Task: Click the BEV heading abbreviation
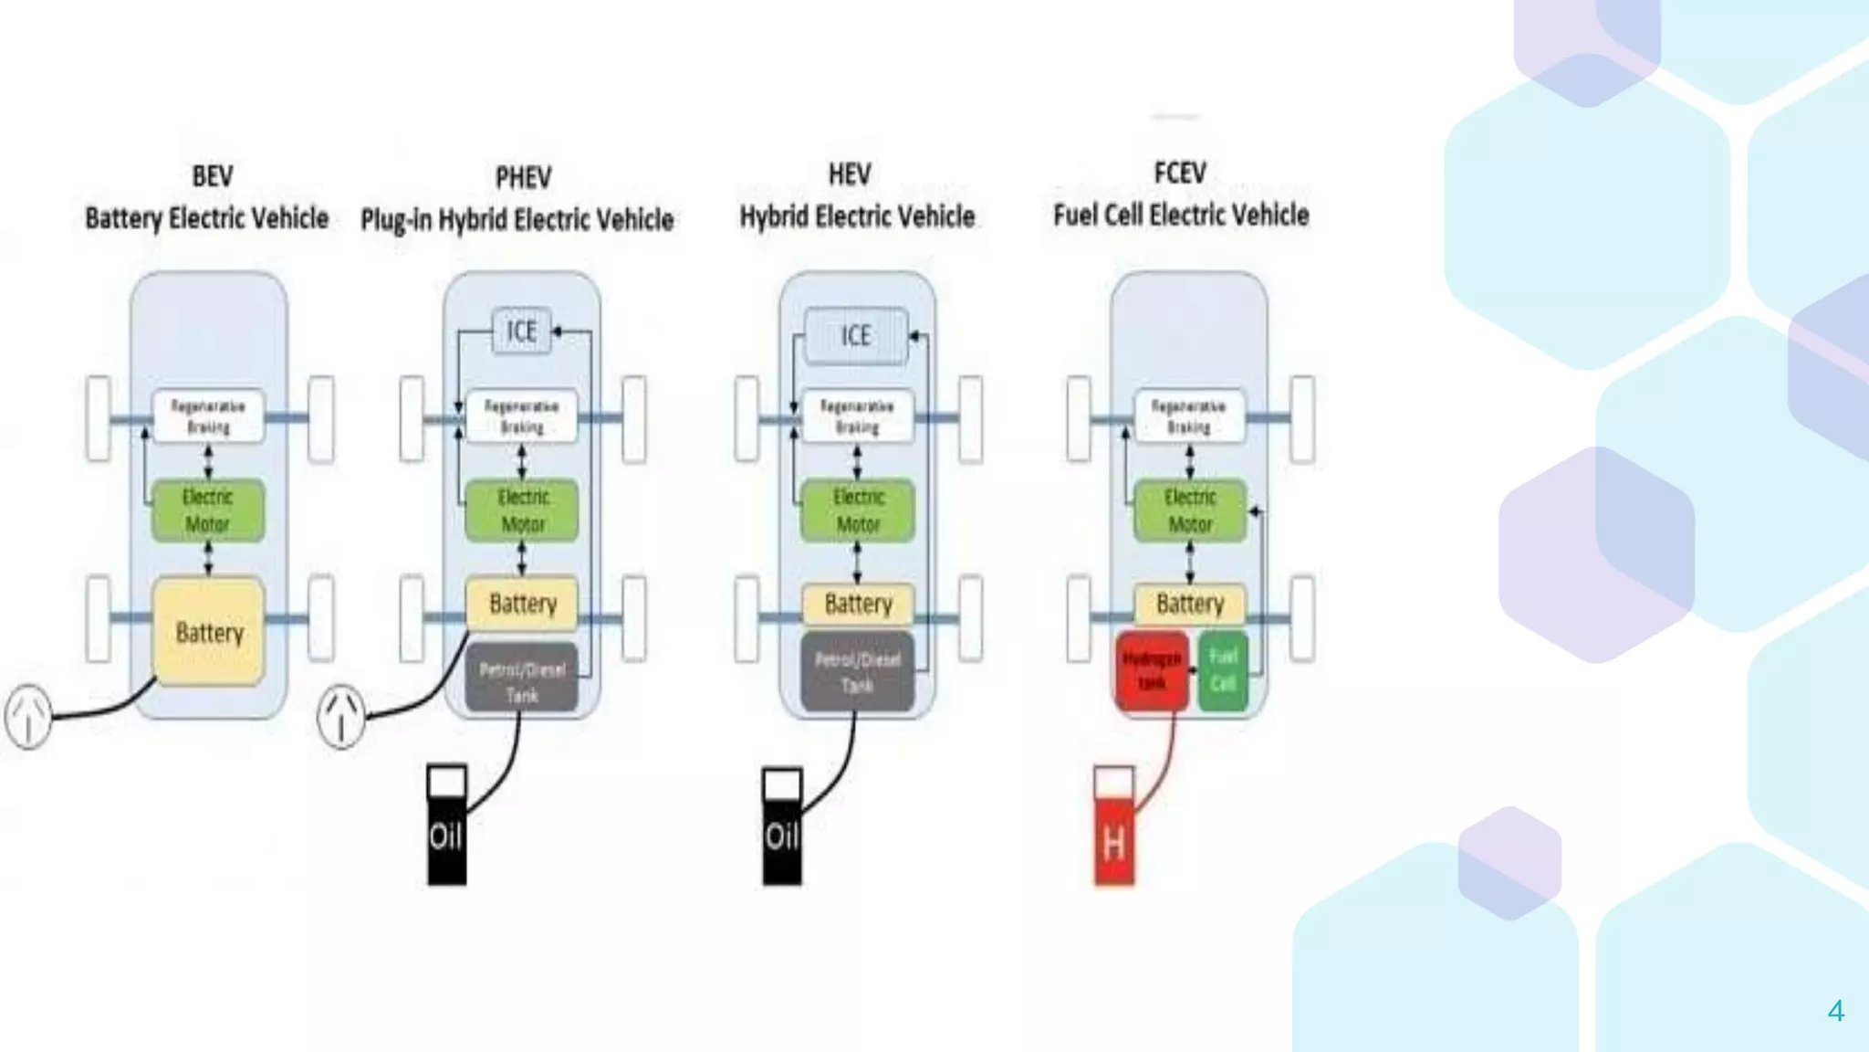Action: pos(212,175)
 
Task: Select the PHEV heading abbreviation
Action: pos(523,176)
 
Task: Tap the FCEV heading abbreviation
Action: pos(1180,172)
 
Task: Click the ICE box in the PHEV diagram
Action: pos(522,331)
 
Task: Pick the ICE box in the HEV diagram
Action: pos(856,335)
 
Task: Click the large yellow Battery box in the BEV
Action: pos(209,632)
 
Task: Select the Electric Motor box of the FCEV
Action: pos(1190,510)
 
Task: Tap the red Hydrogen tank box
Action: pos(1152,671)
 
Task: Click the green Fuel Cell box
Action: pos(1223,671)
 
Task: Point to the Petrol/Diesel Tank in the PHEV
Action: pos(522,680)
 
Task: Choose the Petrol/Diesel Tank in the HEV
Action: pos(857,672)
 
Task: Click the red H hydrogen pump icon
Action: pos(1114,827)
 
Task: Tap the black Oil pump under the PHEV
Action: pos(446,826)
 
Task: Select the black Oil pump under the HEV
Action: pos(782,826)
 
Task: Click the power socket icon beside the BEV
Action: pos(28,717)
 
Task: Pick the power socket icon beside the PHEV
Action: pos(341,717)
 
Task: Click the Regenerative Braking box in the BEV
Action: pos(208,416)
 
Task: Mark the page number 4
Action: pos(1836,1011)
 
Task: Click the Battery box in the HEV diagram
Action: pos(858,604)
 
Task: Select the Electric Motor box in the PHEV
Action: pos(522,510)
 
